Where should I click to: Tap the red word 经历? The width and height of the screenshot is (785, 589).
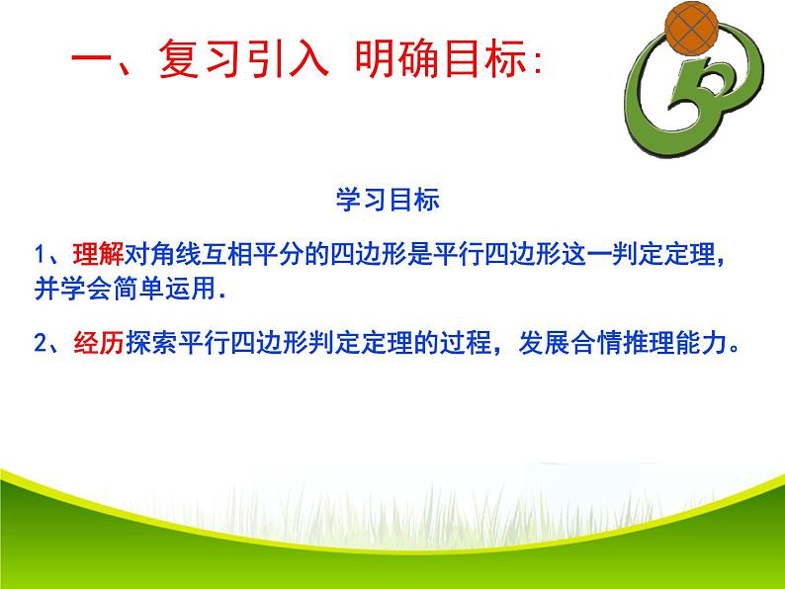pos(98,343)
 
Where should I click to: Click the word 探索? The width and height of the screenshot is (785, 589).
pos(147,343)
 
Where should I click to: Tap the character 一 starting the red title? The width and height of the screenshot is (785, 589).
pos(94,63)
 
